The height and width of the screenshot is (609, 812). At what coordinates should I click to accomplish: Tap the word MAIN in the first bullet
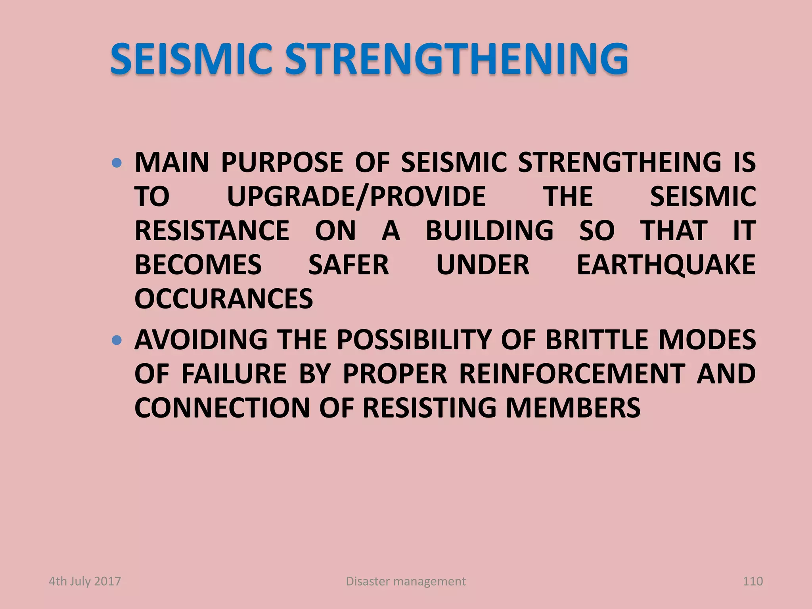click(x=172, y=162)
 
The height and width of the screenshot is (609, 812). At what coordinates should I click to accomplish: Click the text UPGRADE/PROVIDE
click(x=356, y=197)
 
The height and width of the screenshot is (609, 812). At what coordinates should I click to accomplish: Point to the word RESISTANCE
click(x=212, y=231)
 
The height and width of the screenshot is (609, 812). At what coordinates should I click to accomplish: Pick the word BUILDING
click(x=490, y=231)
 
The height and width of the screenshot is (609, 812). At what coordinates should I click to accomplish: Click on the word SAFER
click(x=349, y=265)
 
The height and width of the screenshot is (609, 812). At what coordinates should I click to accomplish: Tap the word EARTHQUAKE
click(x=666, y=265)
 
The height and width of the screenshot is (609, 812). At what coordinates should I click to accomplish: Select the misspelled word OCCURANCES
click(x=224, y=299)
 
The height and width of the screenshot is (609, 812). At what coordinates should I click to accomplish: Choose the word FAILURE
click(x=234, y=374)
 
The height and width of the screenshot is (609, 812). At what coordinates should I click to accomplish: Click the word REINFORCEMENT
click(x=572, y=374)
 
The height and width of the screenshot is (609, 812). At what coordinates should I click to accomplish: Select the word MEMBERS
click(x=573, y=408)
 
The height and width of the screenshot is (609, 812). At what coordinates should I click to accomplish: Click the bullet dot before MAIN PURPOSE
click(x=116, y=163)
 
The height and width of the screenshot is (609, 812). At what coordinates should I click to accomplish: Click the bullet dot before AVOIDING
click(x=116, y=340)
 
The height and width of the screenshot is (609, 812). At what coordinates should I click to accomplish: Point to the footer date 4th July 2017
click(x=85, y=581)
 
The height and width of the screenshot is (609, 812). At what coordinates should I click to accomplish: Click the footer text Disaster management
click(x=406, y=581)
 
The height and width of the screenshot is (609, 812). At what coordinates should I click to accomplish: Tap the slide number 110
click(x=753, y=581)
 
